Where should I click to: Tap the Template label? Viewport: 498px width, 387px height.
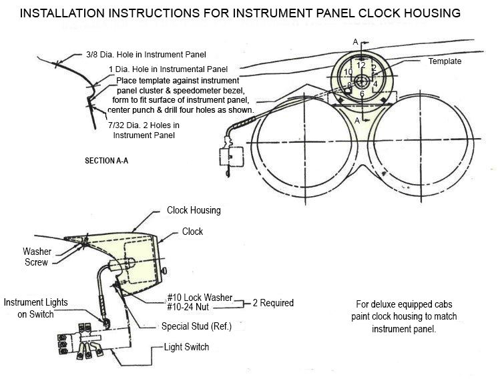[445, 61]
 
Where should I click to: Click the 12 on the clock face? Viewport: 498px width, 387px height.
[360, 66]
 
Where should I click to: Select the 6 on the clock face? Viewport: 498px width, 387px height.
[362, 94]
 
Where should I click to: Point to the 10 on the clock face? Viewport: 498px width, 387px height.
[348, 72]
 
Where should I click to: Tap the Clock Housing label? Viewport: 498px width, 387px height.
[194, 210]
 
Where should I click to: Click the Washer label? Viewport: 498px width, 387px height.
[37, 252]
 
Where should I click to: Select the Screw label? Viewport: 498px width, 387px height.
[36, 262]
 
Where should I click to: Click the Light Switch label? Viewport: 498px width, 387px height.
[187, 347]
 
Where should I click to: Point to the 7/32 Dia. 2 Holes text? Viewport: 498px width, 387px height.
[144, 125]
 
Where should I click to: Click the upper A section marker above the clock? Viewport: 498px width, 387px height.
[356, 42]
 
